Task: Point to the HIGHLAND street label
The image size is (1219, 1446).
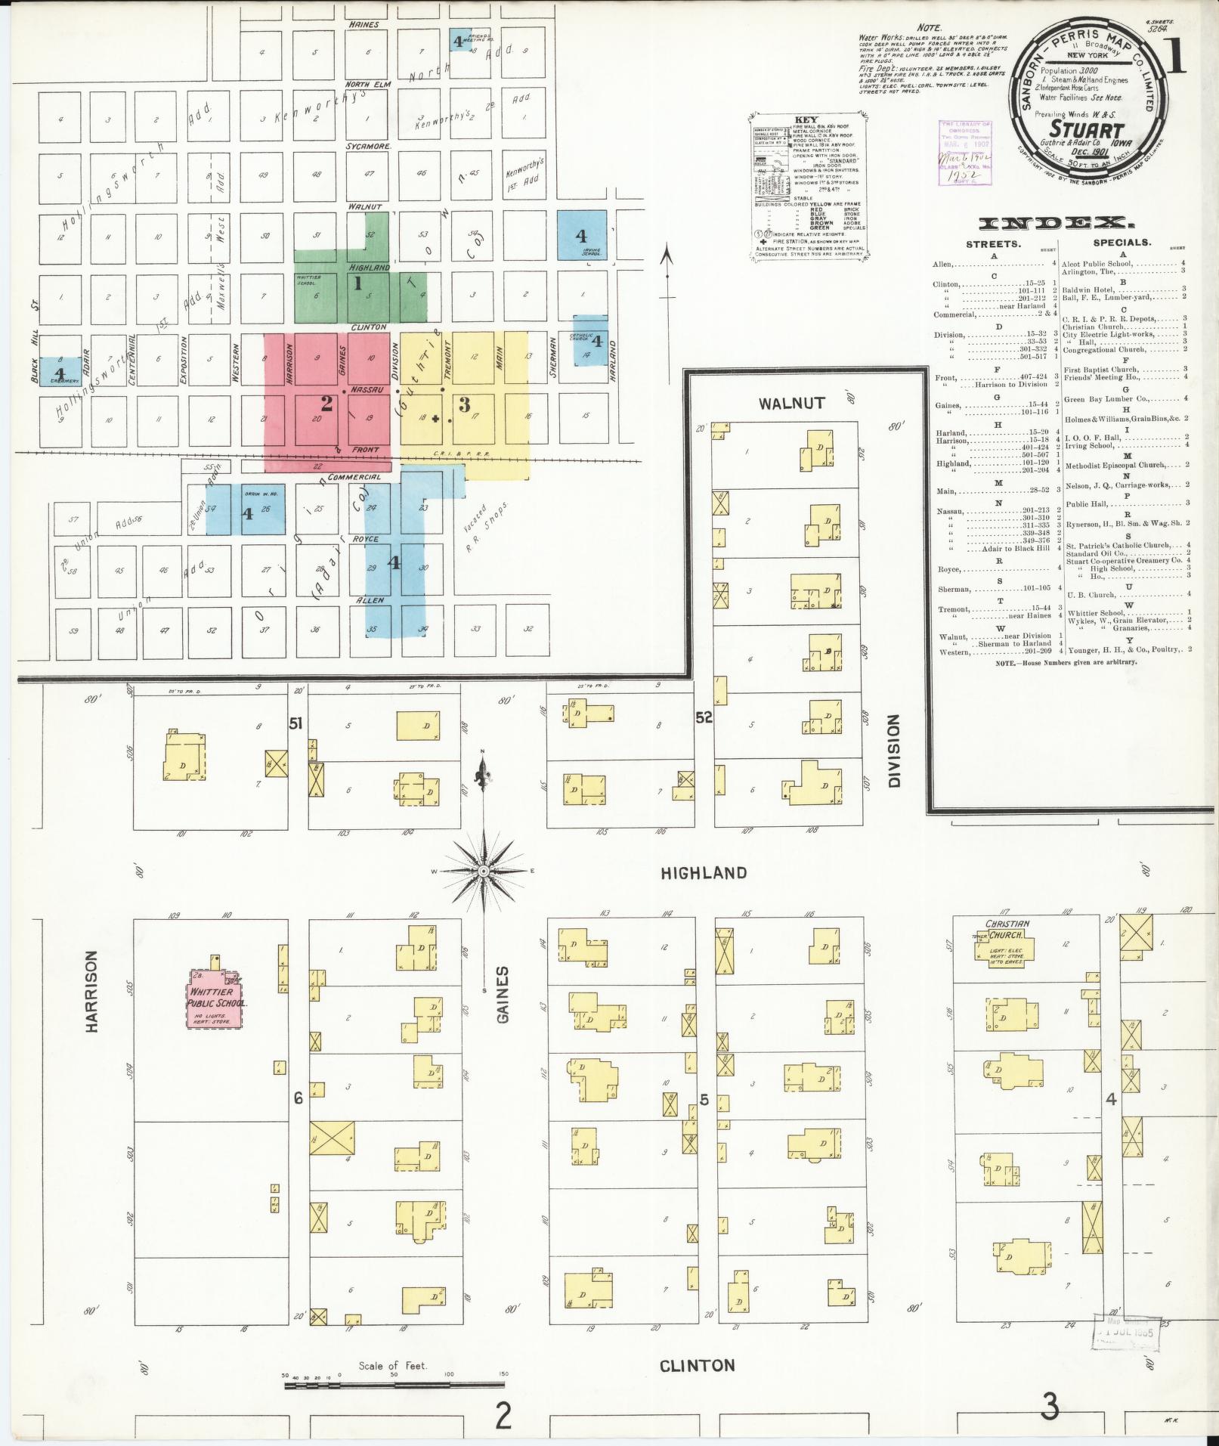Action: pos(704,873)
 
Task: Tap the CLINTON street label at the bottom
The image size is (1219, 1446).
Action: pos(697,1366)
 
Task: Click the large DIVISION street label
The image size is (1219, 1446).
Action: pos(896,752)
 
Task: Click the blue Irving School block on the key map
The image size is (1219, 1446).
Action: pos(582,234)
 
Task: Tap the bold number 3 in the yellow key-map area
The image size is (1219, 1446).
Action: pos(466,404)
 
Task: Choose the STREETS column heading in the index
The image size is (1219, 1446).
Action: pos(993,244)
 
